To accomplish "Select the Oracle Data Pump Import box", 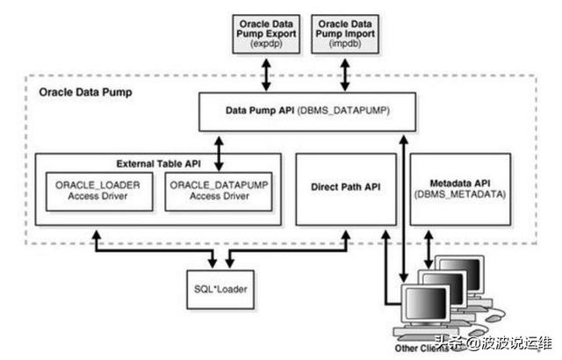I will click(344, 32).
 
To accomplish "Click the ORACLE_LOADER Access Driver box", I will click(97, 191).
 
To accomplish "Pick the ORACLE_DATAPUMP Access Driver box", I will click(219, 191).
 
